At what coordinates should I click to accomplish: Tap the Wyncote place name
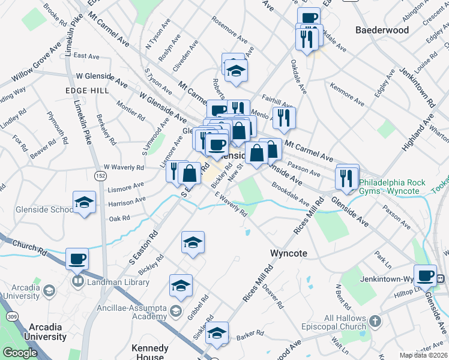(x=289, y=253)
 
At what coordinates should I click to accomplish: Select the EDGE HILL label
(x=88, y=90)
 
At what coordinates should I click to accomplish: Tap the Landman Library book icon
(x=77, y=281)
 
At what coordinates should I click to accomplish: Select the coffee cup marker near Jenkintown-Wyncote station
(x=426, y=275)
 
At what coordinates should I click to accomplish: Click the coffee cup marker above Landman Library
(x=77, y=259)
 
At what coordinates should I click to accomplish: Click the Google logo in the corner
(x=19, y=353)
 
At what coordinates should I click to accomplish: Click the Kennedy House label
(x=150, y=352)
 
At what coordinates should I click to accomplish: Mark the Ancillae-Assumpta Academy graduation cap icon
(x=175, y=310)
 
